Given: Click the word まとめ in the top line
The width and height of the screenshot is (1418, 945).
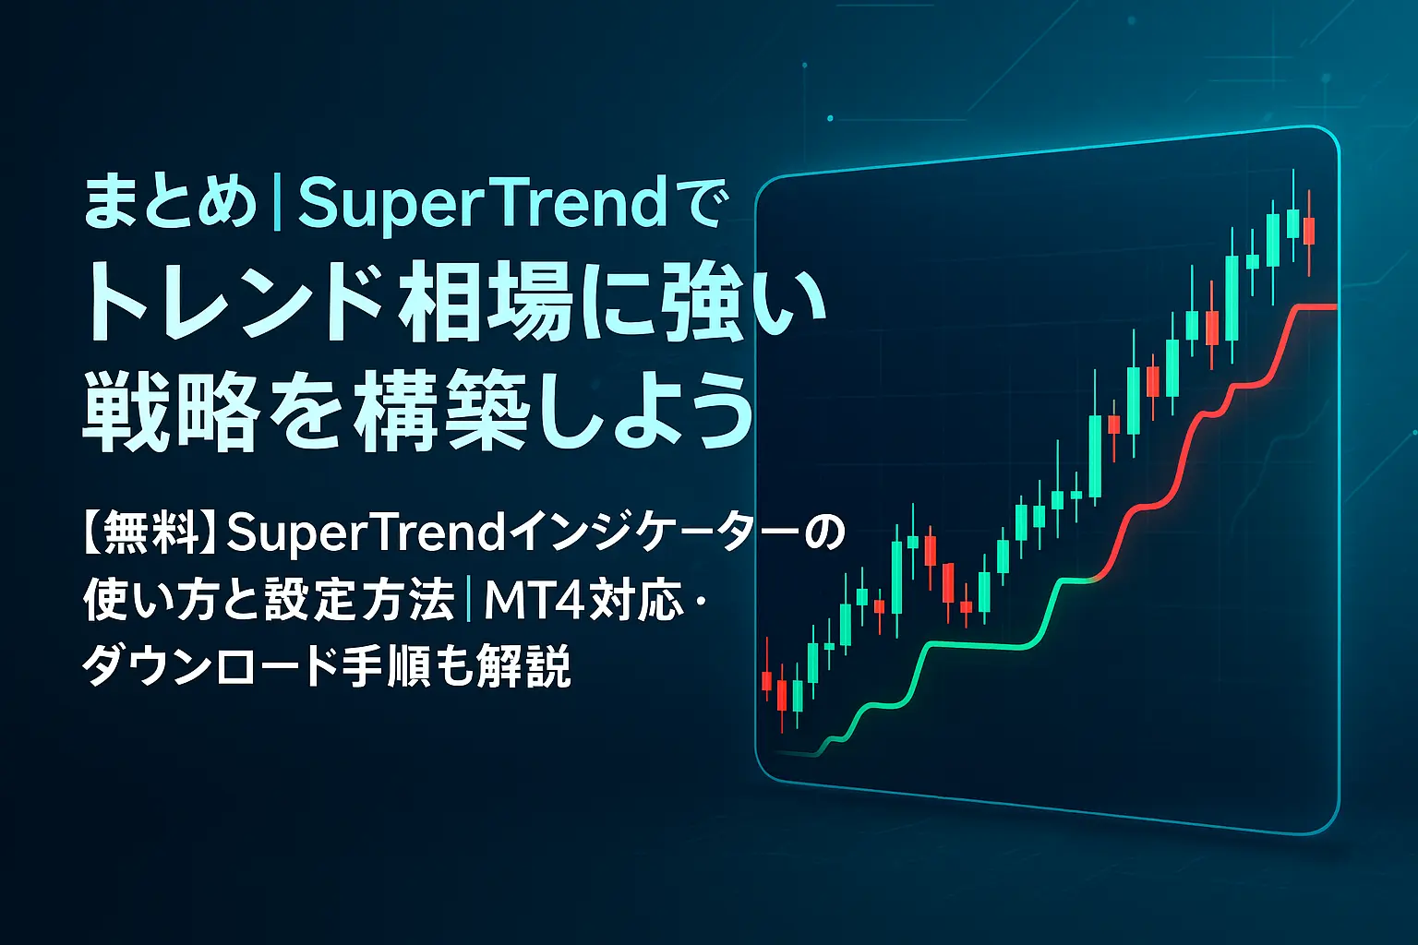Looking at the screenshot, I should tap(170, 204).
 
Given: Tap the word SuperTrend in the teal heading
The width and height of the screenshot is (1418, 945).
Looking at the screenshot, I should tap(481, 204).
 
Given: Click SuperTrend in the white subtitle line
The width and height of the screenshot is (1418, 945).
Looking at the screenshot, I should tap(359, 534).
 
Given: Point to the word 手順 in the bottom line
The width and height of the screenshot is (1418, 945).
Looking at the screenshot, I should tap(402, 667).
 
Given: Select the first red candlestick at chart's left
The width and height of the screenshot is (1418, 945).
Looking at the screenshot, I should tap(766, 681).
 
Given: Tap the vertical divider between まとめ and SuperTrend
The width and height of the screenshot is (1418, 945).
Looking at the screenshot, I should tap(277, 204).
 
